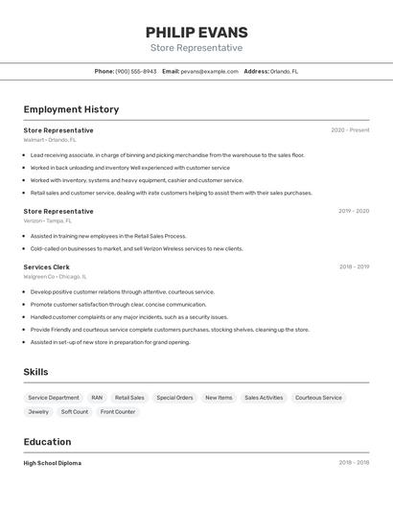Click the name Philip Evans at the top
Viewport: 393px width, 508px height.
coord(196,33)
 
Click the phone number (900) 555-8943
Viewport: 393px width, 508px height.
coord(135,71)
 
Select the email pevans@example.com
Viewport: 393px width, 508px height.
coord(209,71)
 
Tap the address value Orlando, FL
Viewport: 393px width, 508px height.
coord(284,71)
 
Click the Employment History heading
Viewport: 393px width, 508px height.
coord(71,109)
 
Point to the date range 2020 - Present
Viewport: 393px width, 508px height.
coord(350,130)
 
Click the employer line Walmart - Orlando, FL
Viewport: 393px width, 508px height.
coord(51,140)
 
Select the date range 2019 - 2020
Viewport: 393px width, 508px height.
coord(354,211)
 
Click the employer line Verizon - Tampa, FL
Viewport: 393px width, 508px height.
coord(48,220)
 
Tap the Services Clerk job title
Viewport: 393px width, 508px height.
coord(46,266)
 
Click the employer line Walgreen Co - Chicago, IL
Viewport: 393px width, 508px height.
coord(54,276)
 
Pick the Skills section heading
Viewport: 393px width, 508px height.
coord(35,372)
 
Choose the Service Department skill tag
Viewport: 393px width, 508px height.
coord(54,398)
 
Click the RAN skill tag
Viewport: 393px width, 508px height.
coord(97,398)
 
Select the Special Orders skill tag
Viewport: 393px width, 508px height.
coord(174,398)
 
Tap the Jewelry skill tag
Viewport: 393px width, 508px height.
coord(38,412)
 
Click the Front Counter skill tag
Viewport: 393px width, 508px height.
coord(118,412)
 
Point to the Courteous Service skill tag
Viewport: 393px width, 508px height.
coord(318,398)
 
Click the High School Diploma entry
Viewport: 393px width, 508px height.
coord(53,463)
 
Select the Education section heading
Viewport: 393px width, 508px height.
coord(47,442)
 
